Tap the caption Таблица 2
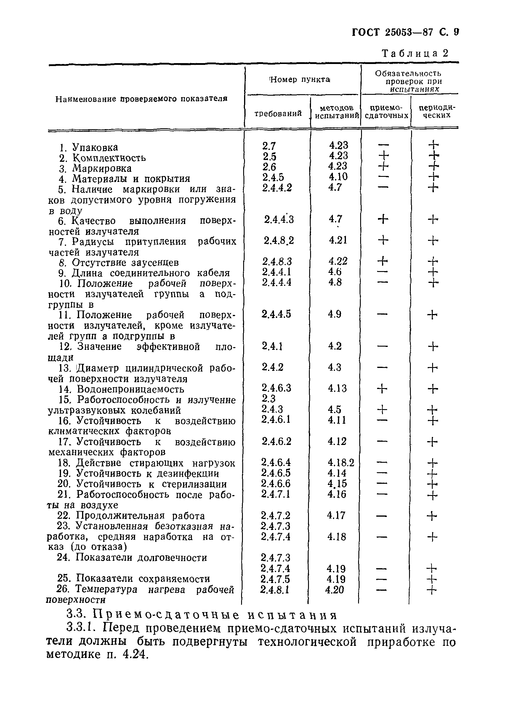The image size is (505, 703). point(415,54)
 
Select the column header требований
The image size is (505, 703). point(278,113)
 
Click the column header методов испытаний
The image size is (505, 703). point(336,112)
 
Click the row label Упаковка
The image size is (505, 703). point(95,147)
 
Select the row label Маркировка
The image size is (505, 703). point(102,168)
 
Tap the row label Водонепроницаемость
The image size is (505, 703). point(130,389)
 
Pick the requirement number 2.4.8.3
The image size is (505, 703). point(277,261)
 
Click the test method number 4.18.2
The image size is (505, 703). point(341,463)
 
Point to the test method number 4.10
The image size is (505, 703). point(338,177)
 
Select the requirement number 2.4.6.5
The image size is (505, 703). point(276,473)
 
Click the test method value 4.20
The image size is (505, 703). point(335,589)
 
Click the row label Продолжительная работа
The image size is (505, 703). point(140,516)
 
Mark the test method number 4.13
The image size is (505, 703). point(337,388)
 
